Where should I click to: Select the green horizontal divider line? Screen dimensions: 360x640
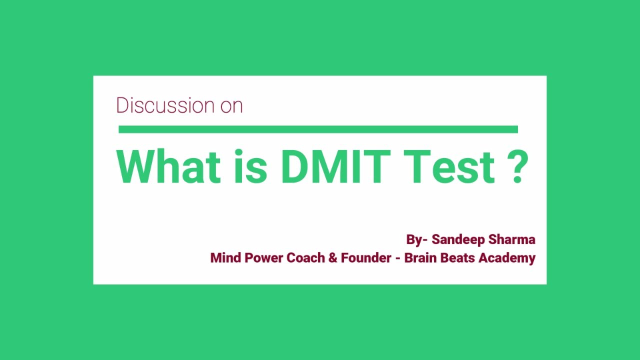click(x=318, y=129)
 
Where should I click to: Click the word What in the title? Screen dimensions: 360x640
click(x=168, y=166)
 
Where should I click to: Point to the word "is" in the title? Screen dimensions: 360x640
click(x=249, y=166)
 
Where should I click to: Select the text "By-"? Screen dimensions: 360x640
click(x=416, y=240)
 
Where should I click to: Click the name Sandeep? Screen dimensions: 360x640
click(x=455, y=240)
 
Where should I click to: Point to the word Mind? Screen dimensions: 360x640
click(x=225, y=258)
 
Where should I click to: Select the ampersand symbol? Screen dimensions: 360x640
click(x=333, y=258)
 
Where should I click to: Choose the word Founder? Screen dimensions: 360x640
click(x=366, y=258)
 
